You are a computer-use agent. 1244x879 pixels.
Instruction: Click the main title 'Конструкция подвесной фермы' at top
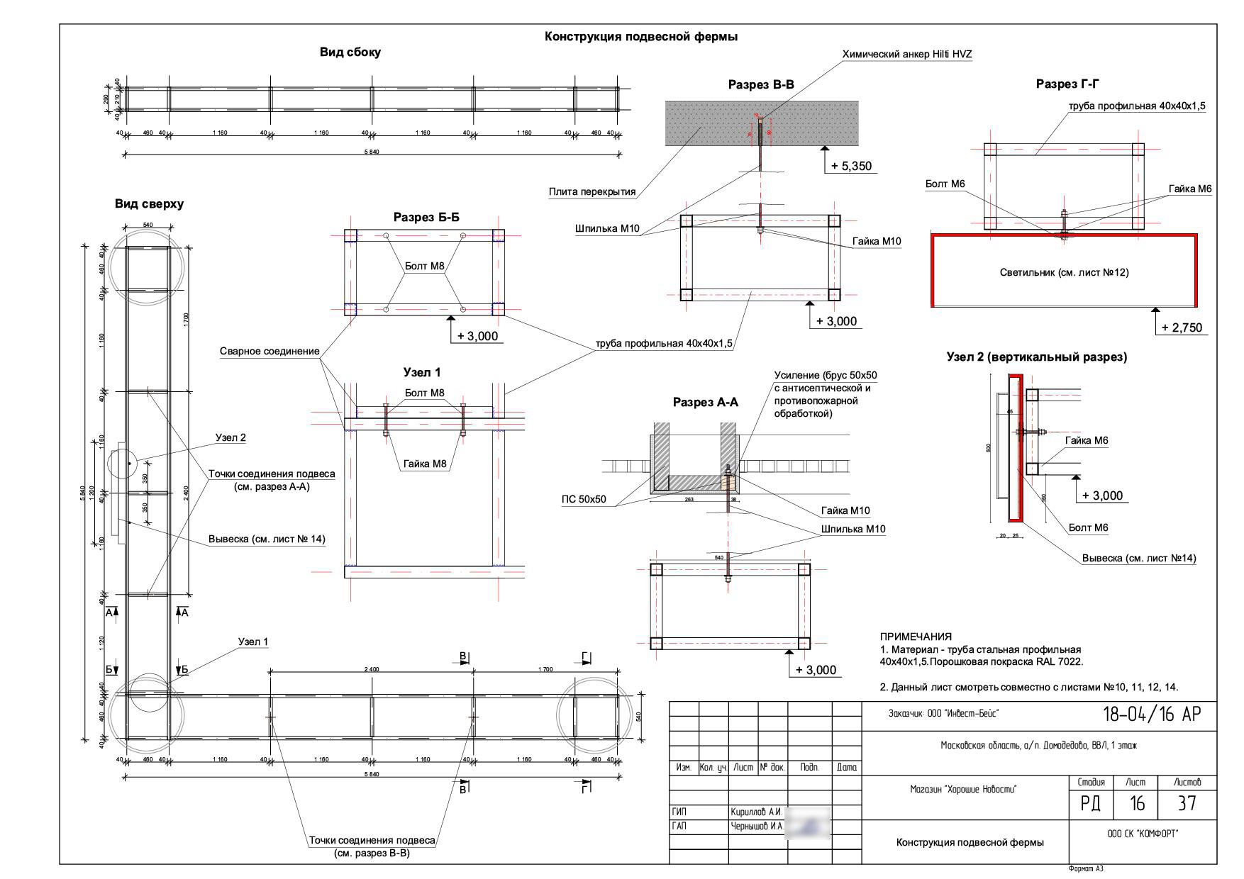[x=640, y=37]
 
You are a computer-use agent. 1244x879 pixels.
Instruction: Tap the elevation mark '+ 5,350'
[x=852, y=167]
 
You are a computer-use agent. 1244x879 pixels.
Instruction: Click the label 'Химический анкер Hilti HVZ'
[x=906, y=55]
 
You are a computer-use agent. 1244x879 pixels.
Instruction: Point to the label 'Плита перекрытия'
[x=592, y=191]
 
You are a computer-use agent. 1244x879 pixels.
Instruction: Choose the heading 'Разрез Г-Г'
[x=1067, y=84]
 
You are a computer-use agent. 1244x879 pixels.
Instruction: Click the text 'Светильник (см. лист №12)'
[x=1064, y=272]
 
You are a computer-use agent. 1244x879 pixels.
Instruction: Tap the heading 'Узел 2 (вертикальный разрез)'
[x=1036, y=357]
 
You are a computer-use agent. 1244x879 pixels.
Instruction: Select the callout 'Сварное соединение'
[x=270, y=352]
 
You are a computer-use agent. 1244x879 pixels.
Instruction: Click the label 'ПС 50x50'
[x=584, y=499]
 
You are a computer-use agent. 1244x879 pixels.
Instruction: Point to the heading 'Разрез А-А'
[x=705, y=403]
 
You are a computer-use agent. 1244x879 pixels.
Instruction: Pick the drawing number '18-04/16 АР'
[x=1152, y=715]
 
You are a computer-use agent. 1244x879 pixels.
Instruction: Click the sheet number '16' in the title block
[x=1137, y=803]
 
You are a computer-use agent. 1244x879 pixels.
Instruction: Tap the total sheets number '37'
[x=1187, y=803]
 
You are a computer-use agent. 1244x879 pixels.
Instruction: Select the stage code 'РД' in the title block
[x=1091, y=803]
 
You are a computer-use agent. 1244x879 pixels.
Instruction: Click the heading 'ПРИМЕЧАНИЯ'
[x=916, y=637]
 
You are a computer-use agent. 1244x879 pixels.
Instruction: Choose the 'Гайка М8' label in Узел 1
[x=425, y=464]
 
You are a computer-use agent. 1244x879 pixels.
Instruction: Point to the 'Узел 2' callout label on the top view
[x=231, y=438]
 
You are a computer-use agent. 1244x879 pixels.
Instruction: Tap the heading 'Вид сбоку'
[x=350, y=52]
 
